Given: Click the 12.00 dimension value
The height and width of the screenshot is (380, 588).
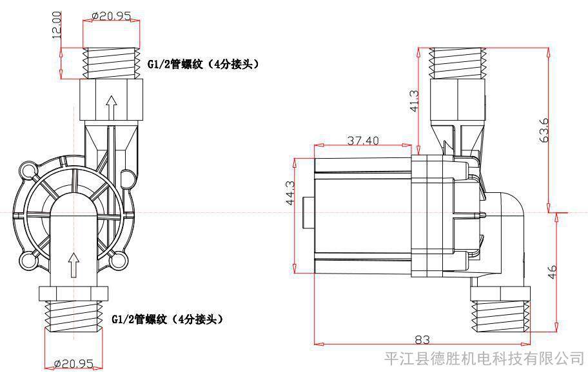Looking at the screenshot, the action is pos(57,25).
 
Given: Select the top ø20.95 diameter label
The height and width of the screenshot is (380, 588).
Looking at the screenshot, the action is pos(112,15).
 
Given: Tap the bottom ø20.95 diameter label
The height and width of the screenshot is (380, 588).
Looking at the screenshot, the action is pos(73,363).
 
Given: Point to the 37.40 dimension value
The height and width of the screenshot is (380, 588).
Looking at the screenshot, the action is pos(362,140).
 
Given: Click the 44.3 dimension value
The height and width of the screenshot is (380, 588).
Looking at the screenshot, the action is pos(291,193).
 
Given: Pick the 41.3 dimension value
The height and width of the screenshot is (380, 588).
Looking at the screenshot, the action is pos(415,101).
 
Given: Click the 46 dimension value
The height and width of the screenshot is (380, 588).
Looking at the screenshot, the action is pos(553,272).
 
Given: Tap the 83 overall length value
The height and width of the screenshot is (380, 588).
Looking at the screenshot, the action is pos(422,339).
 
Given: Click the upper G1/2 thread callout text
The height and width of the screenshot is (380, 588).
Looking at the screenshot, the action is pos(203,64).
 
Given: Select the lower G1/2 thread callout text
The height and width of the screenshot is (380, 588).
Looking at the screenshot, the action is pos(167,319).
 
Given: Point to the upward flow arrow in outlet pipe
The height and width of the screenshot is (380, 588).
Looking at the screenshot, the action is pos(111,108).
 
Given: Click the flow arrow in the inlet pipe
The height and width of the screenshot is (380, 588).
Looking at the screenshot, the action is pos(74,265).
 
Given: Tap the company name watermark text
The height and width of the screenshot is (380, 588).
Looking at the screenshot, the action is pos(485,358).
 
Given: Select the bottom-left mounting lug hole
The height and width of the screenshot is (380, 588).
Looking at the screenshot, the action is pos(26,259).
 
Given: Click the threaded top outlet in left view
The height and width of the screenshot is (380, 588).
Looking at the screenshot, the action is pos(111,63).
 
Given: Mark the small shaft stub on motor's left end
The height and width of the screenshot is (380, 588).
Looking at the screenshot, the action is pos(308,212).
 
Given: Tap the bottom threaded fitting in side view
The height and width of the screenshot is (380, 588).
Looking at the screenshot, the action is pos(500,310).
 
